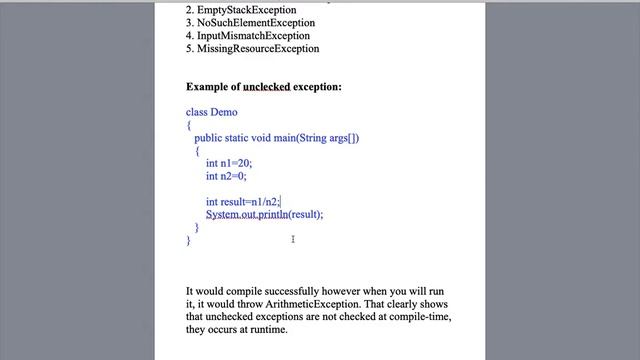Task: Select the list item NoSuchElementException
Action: (256, 23)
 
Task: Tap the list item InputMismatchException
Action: (253, 36)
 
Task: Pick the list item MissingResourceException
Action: (258, 49)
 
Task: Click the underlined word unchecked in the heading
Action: (267, 87)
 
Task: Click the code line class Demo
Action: (212, 112)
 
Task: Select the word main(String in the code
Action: (300, 138)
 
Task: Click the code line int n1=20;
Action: (229, 163)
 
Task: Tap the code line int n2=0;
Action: (226, 176)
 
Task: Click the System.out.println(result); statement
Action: (265, 214)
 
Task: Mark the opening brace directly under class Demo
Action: (188, 125)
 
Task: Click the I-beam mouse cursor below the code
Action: (293, 239)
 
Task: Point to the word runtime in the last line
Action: (268, 330)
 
